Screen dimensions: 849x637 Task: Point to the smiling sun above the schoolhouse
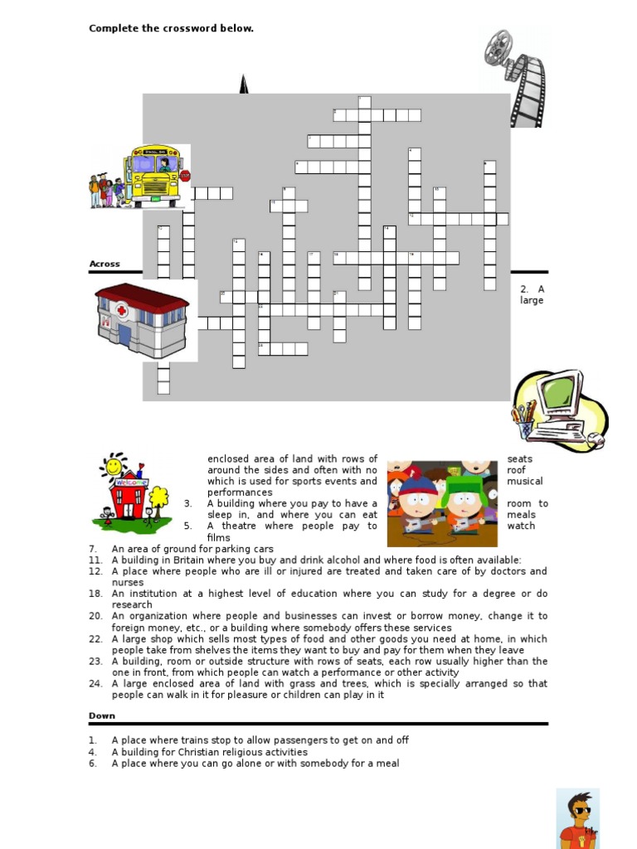[x=113, y=466]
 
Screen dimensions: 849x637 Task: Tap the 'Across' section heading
[x=105, y=264]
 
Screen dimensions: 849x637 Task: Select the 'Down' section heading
[x=102, y=716]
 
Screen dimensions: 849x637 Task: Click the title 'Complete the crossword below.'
[x=171, y=29]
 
